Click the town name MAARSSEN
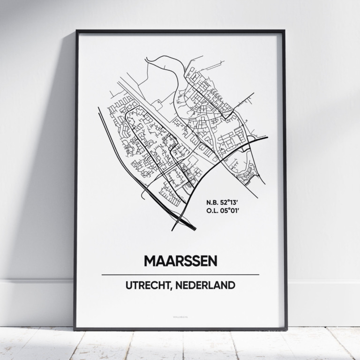pos(180,261)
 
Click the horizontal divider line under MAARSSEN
pos(180,274)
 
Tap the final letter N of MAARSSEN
pos(212,261)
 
